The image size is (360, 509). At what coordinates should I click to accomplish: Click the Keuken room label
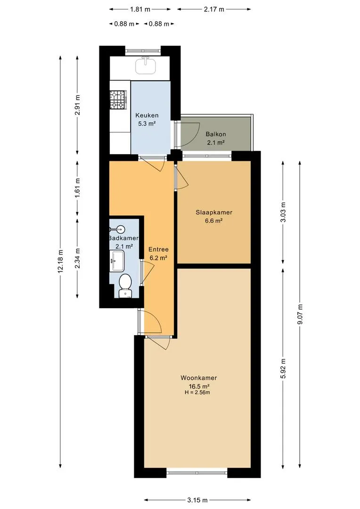(x=147, y=115)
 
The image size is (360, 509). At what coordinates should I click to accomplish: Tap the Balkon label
(x=216, y=134)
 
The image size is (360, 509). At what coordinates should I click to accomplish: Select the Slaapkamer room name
(x=214, y=213)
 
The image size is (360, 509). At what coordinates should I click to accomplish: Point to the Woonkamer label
(x=199, y=378)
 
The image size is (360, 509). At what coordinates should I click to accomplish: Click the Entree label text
(x=158, y=249)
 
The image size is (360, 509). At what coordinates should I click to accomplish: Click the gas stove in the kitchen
(x=118, y=99)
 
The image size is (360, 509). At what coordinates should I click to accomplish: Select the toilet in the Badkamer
(x=125, y=286)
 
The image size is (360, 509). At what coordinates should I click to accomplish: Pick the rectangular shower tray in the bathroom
(x=117, y=261)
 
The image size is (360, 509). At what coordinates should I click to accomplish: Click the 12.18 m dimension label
(x=60, y=262)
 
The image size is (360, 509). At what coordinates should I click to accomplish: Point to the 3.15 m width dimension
(x=197, y=500)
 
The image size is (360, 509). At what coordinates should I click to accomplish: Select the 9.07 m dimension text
(x=300, y=314)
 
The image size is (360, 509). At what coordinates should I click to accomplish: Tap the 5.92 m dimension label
(x=283, y=368)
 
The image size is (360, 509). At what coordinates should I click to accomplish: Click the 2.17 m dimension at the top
(x=214, y=9)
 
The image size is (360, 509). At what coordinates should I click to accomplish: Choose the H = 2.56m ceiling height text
(x=197, y=393)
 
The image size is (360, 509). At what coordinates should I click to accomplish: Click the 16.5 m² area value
(x=199, y=386)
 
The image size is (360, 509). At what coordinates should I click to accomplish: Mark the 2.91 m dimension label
(x=77, y=105)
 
